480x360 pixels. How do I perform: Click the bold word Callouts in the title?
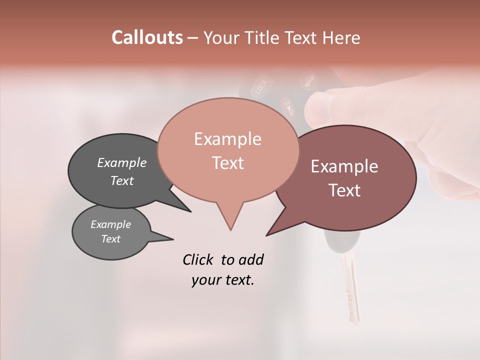point(147,37)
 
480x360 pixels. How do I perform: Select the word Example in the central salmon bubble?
point(227,139)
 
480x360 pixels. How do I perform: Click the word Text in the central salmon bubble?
point(227,163)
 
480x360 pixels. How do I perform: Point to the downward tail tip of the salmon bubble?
point(230,230)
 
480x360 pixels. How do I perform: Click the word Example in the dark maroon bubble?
point(344,166)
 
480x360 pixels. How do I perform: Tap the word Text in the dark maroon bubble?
point(344,190)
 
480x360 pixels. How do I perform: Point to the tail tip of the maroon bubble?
point(266,235)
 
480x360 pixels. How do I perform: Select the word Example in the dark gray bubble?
point(121,162)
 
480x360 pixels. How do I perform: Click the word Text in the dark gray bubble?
point(121,180)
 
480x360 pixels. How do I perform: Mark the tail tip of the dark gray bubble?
point(190,211)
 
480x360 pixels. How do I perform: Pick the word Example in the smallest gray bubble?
point(110,224)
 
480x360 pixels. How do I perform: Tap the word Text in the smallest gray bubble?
point(110,239)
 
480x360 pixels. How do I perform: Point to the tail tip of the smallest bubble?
point(173,238)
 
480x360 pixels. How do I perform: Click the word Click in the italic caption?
point(199,259)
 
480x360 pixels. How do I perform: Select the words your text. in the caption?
point(223,280)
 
